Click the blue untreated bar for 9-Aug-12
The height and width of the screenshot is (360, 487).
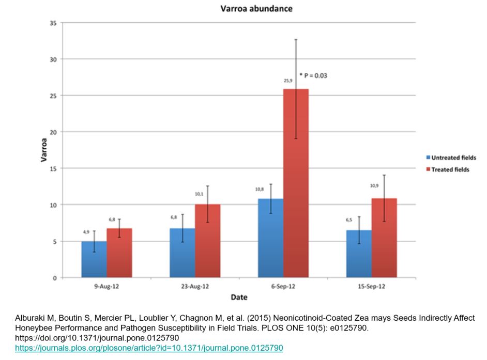click(x=94, y=259)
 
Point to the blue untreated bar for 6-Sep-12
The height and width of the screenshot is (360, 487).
click(x=270, y=238)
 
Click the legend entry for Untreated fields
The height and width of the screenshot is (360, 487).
click(x=450, y=158)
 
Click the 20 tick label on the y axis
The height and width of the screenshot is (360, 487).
click(x=52, y=132)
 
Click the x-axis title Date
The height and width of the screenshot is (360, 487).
click(x=239, y=298)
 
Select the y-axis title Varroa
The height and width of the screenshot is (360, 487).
click(x=45, y=150)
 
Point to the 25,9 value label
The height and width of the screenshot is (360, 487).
click(x=288, y=81)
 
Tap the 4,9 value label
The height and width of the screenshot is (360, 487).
click(x=86, y=232)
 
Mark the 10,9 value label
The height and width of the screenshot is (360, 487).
click(x=374, y=185)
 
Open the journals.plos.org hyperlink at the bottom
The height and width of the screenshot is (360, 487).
click(x=149, y=348)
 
